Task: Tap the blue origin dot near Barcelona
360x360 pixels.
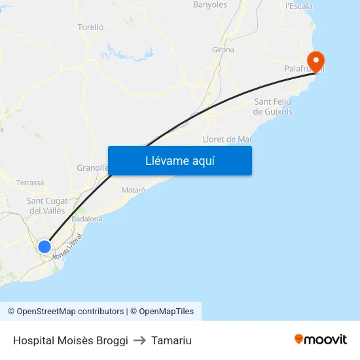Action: pos(45,247)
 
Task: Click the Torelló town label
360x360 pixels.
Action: pos(90,27)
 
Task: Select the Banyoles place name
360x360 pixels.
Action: pos(210,5)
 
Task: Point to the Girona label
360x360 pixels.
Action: pos(223,50)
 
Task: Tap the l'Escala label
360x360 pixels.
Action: pos(299,6)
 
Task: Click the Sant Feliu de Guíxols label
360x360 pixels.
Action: pos(273,107)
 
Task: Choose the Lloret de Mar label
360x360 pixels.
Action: pos(228,139)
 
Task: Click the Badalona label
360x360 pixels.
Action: pos(87,219)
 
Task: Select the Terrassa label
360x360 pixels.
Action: pos(30,183)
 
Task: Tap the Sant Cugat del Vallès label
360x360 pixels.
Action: pos(46,206)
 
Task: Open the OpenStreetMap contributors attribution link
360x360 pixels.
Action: pos(70,312)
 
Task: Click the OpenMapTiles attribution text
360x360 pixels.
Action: pos(166,312)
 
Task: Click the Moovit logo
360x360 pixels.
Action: pos(321,339)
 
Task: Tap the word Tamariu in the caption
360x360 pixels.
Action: pos(171,340)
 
